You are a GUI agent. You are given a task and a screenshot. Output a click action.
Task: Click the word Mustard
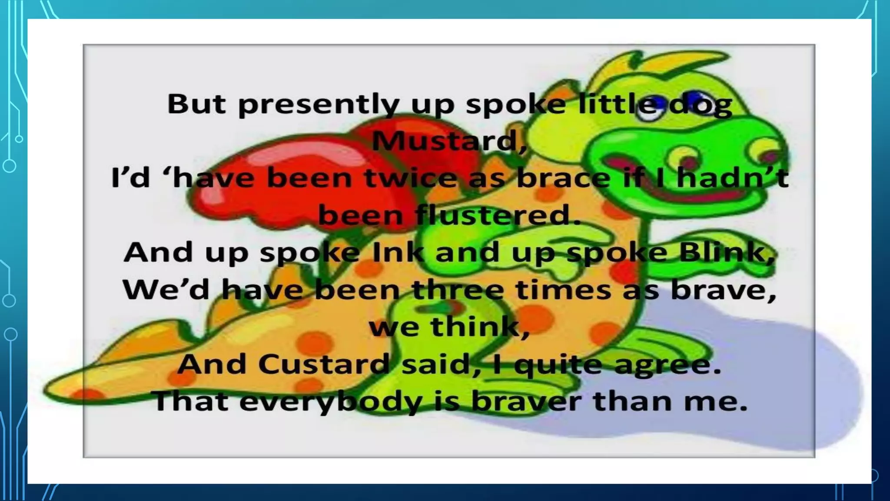(x=449, y=141)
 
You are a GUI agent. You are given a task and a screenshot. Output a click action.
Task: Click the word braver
(x=526, y=401)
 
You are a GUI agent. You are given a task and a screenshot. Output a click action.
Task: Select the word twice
(x=411, y=178)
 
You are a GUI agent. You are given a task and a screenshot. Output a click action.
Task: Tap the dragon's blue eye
(x=697, y=96)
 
